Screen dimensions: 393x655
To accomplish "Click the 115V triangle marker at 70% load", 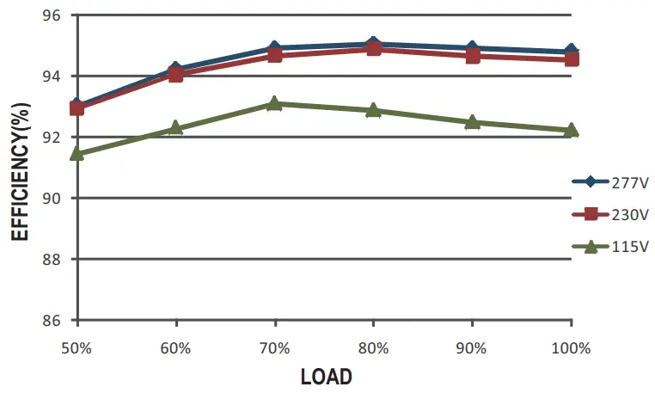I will pos(274,103).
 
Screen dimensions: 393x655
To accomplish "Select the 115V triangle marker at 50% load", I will pos(77,153).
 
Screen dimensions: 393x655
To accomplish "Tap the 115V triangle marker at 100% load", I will pos(571,130).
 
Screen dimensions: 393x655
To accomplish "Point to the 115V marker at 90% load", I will pos(472,122).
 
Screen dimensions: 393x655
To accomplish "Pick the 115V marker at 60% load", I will pos(175,127).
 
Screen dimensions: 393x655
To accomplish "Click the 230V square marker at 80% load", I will pos(373,49).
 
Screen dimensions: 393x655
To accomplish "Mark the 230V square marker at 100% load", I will pos(571,58).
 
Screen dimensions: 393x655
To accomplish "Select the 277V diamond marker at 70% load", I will pos(274,47).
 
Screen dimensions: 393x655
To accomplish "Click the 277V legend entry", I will pos(609,181).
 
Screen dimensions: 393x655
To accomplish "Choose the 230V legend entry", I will pos(609,214).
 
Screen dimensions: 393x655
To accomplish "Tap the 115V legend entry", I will pos(609,247).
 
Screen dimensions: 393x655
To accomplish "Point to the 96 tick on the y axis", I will pos(54,15).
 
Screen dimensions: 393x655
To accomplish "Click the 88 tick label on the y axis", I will pos(54,259).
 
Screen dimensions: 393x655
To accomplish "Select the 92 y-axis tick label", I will pos(54,138).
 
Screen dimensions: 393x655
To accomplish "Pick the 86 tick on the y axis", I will pos(54,320).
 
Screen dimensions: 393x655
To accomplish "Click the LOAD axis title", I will pos(326,377).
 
